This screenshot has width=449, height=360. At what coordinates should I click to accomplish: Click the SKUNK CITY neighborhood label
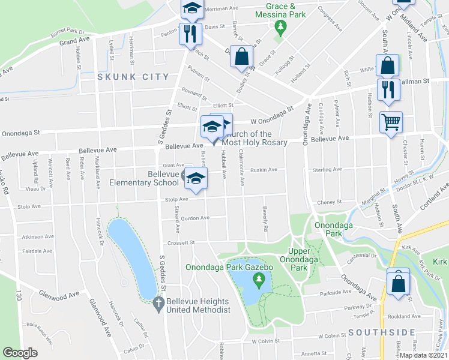click(x=125, y=77)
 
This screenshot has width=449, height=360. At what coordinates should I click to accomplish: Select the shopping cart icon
click(x=390, y=122)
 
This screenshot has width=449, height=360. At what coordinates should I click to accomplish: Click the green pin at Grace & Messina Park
click(x=280, y=27)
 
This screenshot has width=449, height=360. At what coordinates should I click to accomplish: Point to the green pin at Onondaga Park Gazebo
click(x=259, y=279)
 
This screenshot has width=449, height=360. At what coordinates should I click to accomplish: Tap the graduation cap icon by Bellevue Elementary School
click(x=195, y=178)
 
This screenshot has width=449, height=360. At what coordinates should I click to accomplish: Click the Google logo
click(x=20, y=353)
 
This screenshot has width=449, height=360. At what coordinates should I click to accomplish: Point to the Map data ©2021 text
click(x=424, y=355)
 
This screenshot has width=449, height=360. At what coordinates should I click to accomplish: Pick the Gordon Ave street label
click(x=195, y=218)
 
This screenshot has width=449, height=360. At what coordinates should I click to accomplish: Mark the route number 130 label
click(x=18, y=295)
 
